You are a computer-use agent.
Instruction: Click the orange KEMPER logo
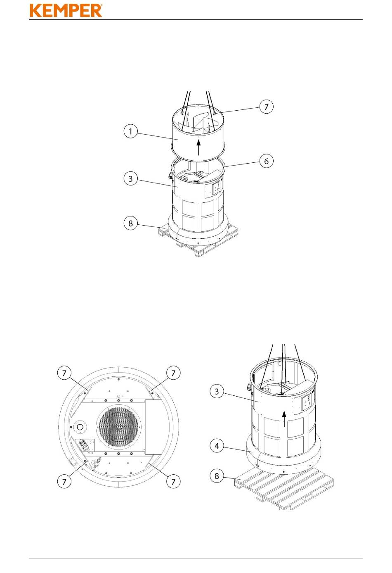click(x=66, y=10)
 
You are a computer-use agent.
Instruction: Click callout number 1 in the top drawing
click(x=130, y=131)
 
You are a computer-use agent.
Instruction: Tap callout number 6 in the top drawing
click(x=266, y=161)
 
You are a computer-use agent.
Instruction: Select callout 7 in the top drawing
click(x=266, y=107)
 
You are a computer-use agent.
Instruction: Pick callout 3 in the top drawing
click(x=130, y=178)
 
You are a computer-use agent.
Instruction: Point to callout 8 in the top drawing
click(x=130, y=223)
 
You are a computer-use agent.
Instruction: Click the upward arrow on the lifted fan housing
click(x=199, y=147)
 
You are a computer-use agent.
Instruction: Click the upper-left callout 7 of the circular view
click(x=64, y=373)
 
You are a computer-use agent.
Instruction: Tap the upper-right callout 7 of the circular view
click(x=173, y=373)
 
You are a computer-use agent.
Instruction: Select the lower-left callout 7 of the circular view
click(x=64, y=482)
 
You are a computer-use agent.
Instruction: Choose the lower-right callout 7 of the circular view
click(x=173, y=482)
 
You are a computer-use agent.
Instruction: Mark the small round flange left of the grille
click(x=80, y=427)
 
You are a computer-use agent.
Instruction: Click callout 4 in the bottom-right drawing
click(x=217, y=446)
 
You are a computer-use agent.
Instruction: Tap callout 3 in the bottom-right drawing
click(x=217, y=392)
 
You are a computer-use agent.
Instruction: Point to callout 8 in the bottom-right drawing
click(x=217, y=476)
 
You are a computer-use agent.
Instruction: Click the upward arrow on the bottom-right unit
click(x=284, y=419)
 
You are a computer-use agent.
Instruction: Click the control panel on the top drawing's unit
click(x=217, y=188)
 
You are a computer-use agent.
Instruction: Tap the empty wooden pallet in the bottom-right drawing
click(x=284, y=489)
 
